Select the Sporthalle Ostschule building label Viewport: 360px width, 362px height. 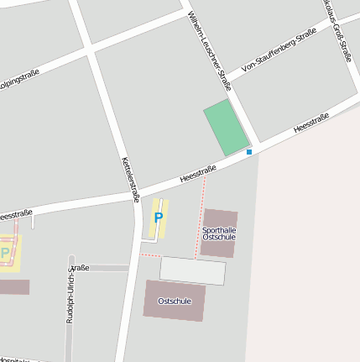tap(219, 233)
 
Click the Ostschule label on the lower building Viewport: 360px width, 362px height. tap(175, 301)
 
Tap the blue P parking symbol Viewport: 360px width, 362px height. tap(158, 218)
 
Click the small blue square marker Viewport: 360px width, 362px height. tap(248, 152)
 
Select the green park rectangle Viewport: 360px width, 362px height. tap(227, 128)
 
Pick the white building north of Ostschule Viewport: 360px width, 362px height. tap(193, 270)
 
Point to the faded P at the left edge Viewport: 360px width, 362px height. tap(4, 252)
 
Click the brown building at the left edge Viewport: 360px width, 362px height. tap(13, 287)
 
